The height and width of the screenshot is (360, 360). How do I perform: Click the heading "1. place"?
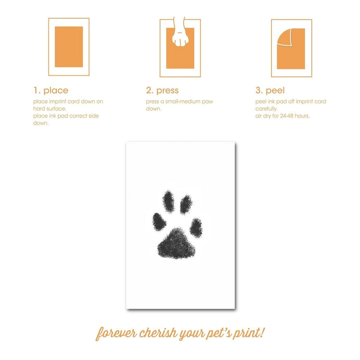click(x=51, y=90)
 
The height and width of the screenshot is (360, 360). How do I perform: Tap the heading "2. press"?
click(x=162, y=90)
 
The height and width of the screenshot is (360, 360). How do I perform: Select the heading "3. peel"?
click(x=270, y=90)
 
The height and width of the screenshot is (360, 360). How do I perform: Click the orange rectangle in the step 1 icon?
click(x=69, y=47)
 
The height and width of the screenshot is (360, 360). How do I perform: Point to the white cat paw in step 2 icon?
click(x=180, y=35)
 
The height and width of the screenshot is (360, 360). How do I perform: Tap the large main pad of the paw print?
click(x=176, y=244)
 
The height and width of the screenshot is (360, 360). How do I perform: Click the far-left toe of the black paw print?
click(x=159, y=222)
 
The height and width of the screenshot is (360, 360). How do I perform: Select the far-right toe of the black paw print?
click(x=196, y=228)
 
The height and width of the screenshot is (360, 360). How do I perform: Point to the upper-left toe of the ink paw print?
click(x=168, y=201)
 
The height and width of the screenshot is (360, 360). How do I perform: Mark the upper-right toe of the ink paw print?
click(x=186, y=204)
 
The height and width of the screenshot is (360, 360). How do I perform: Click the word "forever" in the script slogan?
click(x=117, y=333)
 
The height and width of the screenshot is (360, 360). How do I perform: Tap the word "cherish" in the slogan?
click(x=158, y=333)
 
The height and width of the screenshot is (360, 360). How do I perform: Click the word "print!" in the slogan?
click(x=249, y=333)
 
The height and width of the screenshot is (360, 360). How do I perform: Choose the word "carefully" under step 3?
click(x=266, y=109)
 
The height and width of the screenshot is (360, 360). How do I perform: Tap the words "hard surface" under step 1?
click(x=49, y=108)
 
